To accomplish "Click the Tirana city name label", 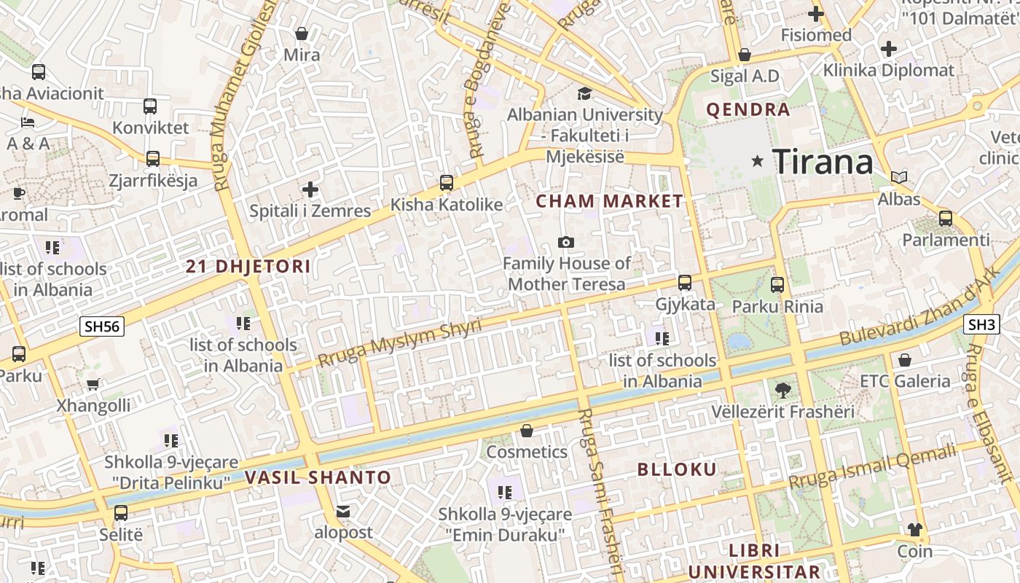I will pyautogui.click(x=823, y=161).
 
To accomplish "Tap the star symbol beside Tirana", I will pyautogui.click(x=758, y=161).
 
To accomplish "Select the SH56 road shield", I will pyautogui.click(x=102, y=326).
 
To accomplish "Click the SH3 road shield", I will pyautogui.click(x=981, y=325).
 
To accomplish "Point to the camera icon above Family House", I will pyautogui.click(x=565, y=242).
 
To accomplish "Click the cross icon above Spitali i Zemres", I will pyautogui.click(x=310, y=190).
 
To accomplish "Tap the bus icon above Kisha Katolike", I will pyautogui.click(x=447, y=183).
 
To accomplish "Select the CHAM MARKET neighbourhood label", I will pyautogui.click(x=610, y=201).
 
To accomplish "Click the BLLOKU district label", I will pyautogui.click(x=677, y=469).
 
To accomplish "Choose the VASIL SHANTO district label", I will pyautogui.click(x=318, y=478).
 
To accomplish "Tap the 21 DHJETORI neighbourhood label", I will pyautogui.click(x=248, y=267).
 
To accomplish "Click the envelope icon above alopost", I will pyautogui.click(x=343, y=512).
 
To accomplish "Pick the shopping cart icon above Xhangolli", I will pyautogui.click(x=93, y=384).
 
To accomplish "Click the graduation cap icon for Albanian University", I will pyautogui.click(x=584, y=93).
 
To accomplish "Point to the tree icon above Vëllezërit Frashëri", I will pyautogui.click(x=783, y=390).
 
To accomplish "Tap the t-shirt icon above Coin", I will pyautogui.click(x=914, y=530).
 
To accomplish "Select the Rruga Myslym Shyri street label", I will pyautogui.click(x=400, y=343).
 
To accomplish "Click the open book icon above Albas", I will pyautogui.click(x=900, y=177).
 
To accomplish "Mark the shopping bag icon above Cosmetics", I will pyautogui.click(x=527, y=431).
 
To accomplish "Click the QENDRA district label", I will pyautogui.click(x=748, y=110).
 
